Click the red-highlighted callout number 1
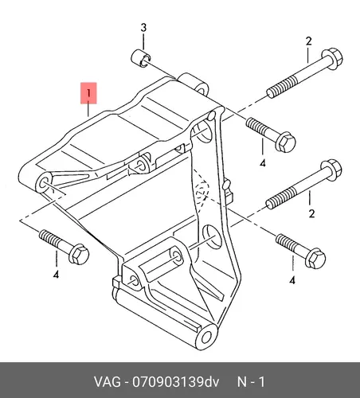[88, 93]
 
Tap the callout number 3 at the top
[143, 28]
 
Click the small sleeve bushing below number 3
[141, 58]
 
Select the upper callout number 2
[308, 41]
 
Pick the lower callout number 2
[311, 213]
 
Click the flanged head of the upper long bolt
[332, 59]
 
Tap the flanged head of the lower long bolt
[331, 170]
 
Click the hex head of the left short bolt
[79, 254]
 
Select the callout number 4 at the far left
[56, 275]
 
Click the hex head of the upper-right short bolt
[286, 142]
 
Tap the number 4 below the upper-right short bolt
[263, 163]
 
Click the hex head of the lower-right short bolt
[315, 259]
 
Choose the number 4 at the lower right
[292, 280]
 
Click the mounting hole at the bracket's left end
[43, 183]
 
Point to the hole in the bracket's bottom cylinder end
[206, 338]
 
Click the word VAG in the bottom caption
[108, 382]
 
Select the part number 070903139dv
[176, 382]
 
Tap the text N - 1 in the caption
[251, 382]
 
